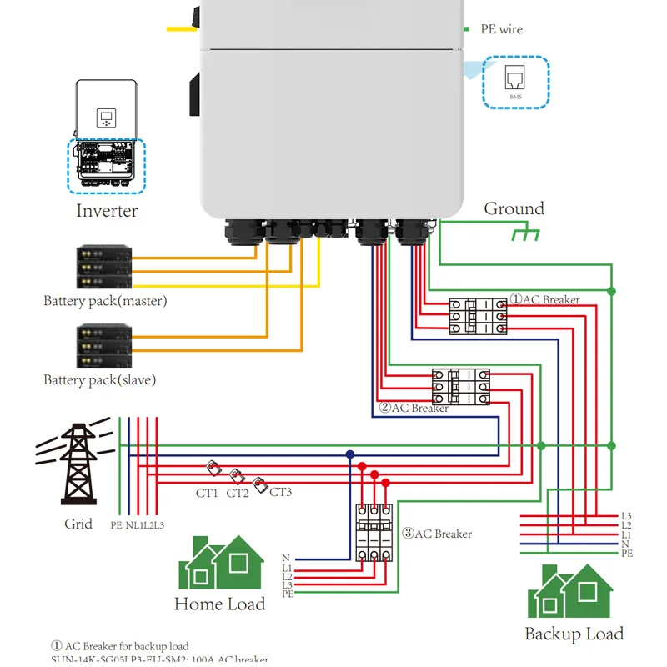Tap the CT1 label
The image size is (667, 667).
[207, 493]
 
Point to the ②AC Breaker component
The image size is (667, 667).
[460, 388]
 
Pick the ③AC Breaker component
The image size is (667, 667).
[374, 534]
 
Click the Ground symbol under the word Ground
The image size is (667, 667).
[524, 233]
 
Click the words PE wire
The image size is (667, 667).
[501, 29]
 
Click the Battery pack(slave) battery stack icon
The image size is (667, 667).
[104, 345]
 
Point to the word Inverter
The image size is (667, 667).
[107, 210]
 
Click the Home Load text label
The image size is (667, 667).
[219, 604]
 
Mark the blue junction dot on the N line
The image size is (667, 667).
[350, 454]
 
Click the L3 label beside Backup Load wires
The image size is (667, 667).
[626, 516]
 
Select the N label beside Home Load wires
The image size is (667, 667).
[286, 558]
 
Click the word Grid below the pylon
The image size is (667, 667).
[78, 524]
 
